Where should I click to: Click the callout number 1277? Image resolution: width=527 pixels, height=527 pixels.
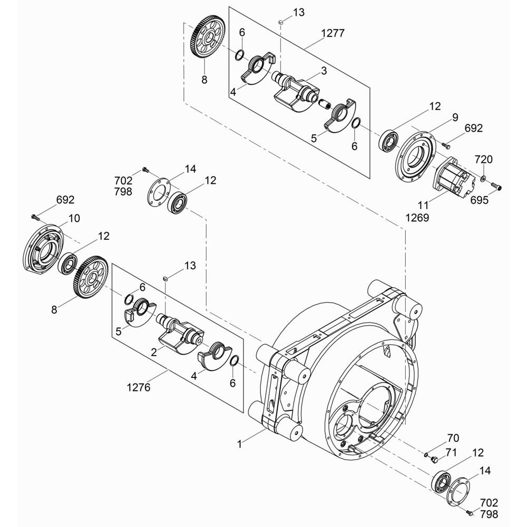(333, 33)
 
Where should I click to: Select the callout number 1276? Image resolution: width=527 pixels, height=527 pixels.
(139, 387)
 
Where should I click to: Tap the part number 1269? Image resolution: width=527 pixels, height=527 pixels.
(417, 218)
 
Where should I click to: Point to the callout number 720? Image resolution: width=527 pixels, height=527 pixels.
(483, 159)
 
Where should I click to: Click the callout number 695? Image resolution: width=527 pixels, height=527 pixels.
(479, 200)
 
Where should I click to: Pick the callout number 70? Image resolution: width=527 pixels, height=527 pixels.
(453, 438)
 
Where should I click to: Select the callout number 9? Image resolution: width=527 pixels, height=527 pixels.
(455, 118)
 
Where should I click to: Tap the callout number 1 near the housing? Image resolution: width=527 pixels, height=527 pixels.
(240, 444)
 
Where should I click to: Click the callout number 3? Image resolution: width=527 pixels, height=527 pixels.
(324, 71)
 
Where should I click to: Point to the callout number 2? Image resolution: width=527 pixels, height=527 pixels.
(154, 352)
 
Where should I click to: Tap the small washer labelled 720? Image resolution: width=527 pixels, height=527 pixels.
(483, 177)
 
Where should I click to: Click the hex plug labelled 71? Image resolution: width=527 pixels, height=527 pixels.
(434, 459)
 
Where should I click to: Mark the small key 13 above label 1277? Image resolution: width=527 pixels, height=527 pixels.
(281, 22)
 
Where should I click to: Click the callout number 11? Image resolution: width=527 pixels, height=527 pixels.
(424, 204)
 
